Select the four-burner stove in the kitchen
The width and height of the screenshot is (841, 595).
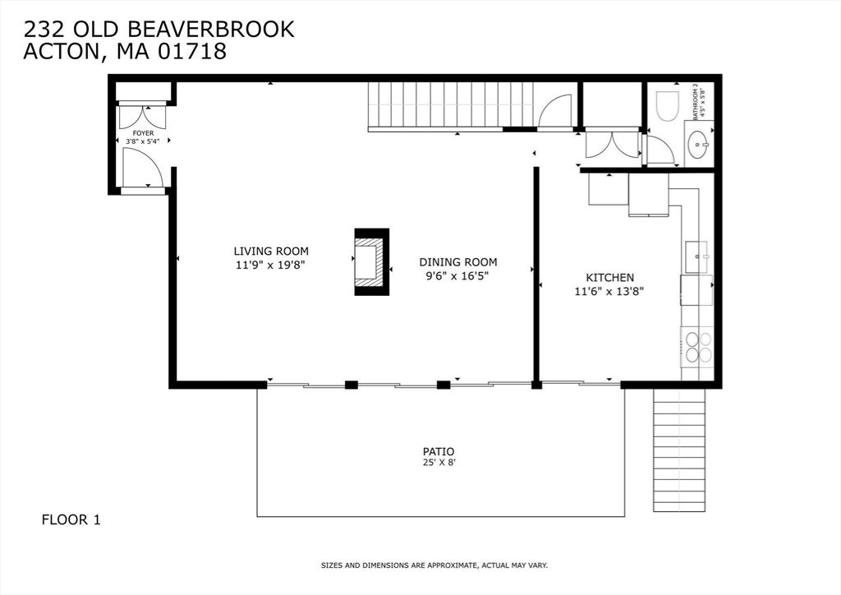(697, 346)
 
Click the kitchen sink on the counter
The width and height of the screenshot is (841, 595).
(697, 256)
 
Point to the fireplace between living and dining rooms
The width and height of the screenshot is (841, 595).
(370, 262)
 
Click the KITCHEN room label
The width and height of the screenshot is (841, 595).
(609, 278)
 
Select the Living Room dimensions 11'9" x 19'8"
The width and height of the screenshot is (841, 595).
(270, 265)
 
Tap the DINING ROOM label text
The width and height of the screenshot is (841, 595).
(457, 262)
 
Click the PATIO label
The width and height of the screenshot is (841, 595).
(438, 451)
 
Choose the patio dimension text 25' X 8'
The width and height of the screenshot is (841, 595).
(438, 464)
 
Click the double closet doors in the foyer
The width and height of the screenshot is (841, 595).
(142, 116)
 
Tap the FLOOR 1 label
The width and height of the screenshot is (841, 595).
(71, 519)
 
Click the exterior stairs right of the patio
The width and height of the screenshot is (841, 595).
(679, 450)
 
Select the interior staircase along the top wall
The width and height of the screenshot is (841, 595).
(449, 104)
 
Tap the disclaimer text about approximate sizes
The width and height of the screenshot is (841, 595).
(434, 565)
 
